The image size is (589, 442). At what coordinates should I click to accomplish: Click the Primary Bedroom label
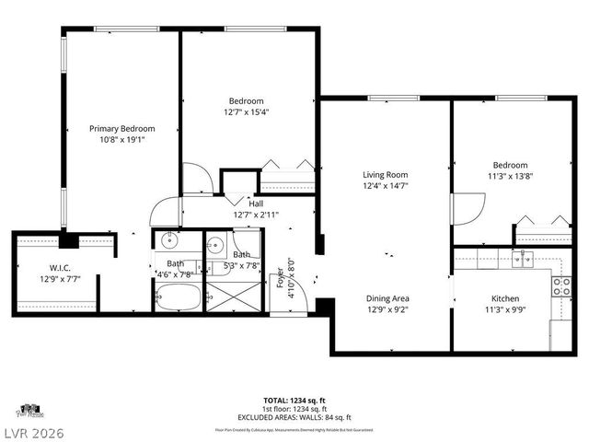pos(121,129)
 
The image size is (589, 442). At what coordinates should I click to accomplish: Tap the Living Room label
pos(385,174)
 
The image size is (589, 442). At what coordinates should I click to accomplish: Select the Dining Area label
pos(387,298)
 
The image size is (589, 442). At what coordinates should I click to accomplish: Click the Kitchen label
pos(505,298)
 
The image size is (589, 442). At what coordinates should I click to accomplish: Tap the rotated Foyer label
pos(279,276)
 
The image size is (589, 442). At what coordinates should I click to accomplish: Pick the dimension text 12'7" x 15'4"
pos(247,112)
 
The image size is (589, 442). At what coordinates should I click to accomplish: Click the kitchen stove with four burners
pos(560,285)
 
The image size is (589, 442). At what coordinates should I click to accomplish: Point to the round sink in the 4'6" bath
pos(169,243)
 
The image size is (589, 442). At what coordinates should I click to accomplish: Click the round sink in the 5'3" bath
pos(215,245)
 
